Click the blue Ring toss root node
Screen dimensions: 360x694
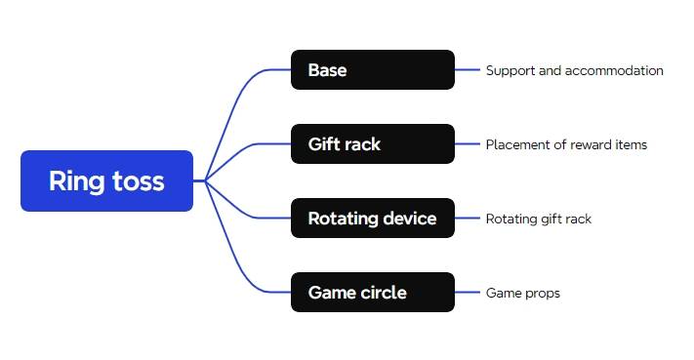(106, 180)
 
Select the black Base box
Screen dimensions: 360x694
(372, 70)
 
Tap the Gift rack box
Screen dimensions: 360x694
(372, 144)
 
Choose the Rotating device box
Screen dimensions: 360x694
(372, 219)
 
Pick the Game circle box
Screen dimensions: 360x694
(372, 293)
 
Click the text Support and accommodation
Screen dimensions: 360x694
(574, 70)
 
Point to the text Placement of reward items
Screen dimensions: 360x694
(566, 144)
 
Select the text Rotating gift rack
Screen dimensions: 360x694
(538, 219)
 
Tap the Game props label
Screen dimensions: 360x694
(522, 293)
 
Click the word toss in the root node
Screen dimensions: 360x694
(137, 180)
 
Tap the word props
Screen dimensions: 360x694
(542, 293)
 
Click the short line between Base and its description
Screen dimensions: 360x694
(469, 70)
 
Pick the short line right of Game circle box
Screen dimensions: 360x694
(469, 293)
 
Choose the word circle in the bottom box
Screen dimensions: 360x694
(384, 293)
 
